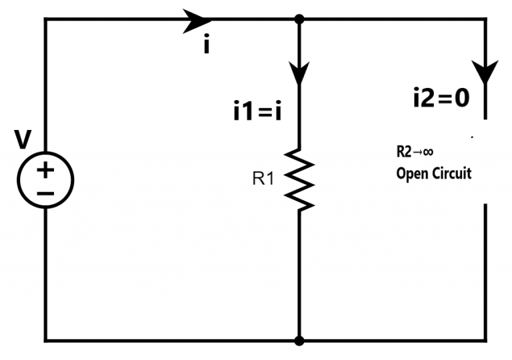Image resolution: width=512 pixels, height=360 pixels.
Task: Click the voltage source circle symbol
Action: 45,181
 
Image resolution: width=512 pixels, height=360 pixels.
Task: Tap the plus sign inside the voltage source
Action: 45,171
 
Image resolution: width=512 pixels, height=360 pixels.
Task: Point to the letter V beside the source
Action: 23,139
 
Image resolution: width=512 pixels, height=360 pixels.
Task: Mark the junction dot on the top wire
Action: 299,19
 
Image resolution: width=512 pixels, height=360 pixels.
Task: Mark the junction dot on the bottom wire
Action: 299,341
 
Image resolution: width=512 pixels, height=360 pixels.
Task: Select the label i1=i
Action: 257,111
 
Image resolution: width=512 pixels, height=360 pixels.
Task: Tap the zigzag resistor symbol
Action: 300,179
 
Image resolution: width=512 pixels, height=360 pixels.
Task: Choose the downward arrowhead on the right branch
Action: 485,70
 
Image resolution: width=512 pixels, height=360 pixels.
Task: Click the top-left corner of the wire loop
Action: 45,19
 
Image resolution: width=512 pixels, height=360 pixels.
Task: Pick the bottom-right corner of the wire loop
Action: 485,341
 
